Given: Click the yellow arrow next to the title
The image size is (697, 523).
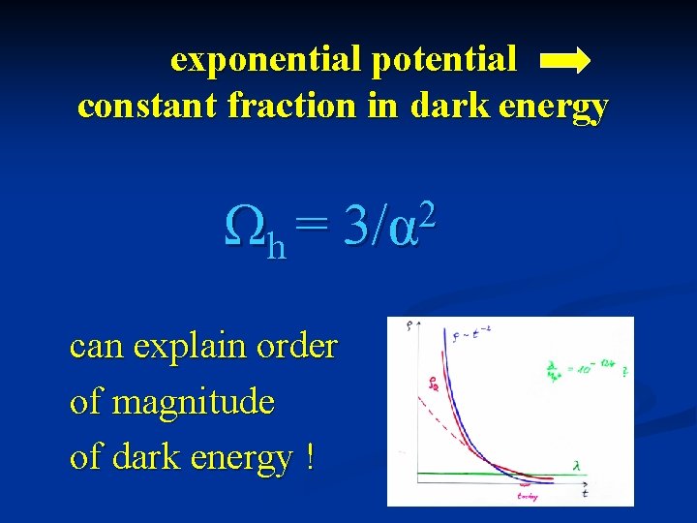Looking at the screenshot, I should (x=564, y=62).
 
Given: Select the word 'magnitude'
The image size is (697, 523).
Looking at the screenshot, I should (x=194, y=401).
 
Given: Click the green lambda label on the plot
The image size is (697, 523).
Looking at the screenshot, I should (x=577, y=466).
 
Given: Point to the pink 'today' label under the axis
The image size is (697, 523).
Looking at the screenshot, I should (x=528, y=495).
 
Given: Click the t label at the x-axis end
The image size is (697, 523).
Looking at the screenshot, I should (x=585, y=494).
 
